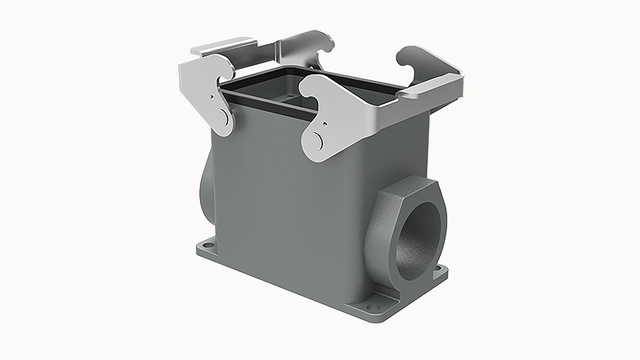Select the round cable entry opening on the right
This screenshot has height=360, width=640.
coord(415,239)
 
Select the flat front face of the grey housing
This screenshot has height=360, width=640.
coord(288,208)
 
